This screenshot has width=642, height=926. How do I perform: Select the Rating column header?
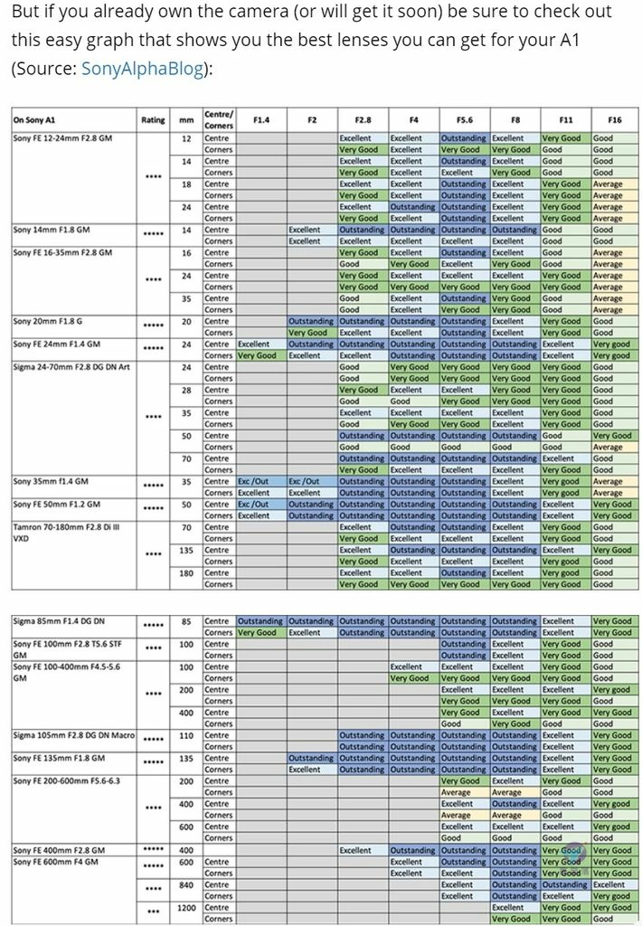point(153,119)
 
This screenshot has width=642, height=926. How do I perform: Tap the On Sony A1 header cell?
point(34,119)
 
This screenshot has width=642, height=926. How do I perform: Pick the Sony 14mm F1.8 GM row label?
point(52,230)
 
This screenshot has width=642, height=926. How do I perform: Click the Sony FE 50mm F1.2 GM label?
point(56,504)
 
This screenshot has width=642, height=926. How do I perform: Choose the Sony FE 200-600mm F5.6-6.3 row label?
point(68,780)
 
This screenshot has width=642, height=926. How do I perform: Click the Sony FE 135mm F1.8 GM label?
point(59,758)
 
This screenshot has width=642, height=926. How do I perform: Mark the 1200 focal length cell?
point(186,906)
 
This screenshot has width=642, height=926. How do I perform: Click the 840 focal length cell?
point(186,883)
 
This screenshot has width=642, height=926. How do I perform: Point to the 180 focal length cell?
point(186,572)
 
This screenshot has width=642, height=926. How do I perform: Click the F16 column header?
point(614,119)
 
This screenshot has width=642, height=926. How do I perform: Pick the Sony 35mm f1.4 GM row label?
point(52,481)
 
